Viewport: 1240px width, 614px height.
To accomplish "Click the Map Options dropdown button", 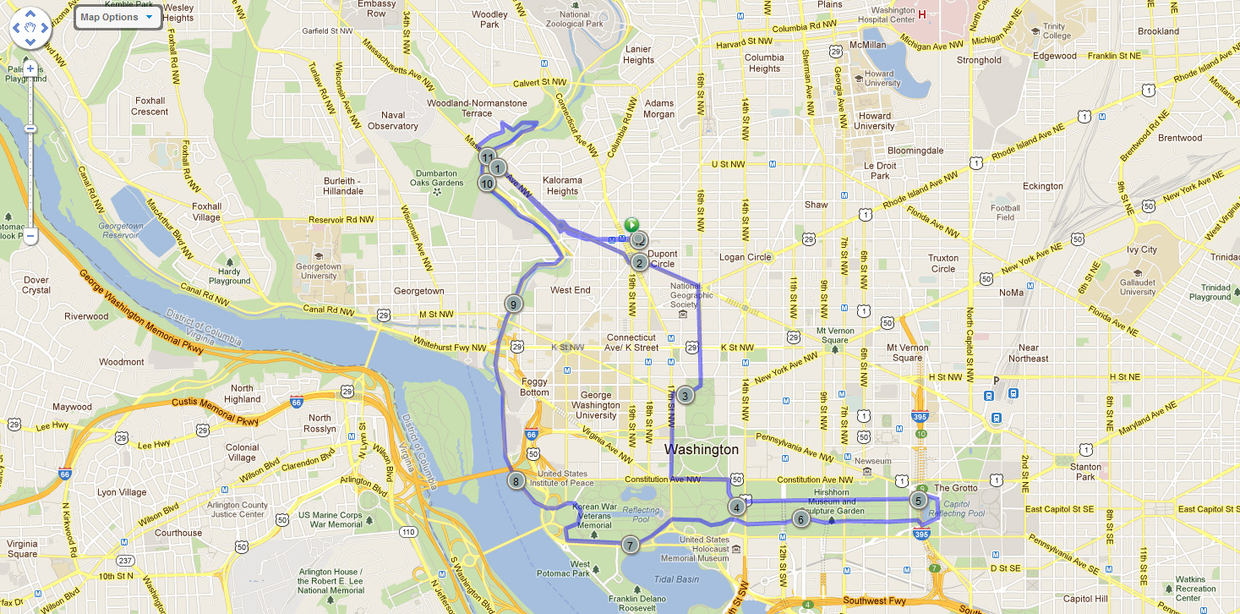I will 117,17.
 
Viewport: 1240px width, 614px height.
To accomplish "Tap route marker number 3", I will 686,394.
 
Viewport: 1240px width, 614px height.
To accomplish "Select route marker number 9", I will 512,304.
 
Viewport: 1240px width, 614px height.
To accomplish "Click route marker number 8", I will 516,481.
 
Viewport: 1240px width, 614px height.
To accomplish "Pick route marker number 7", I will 630,545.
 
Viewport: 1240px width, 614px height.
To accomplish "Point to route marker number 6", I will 800,518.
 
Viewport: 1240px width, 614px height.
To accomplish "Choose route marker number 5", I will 917,500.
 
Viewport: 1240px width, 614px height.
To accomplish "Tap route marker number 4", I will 737,507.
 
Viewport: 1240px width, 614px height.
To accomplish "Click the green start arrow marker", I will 631,225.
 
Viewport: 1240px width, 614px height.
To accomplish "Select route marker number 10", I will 487,182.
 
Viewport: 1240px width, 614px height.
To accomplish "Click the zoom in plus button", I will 30,69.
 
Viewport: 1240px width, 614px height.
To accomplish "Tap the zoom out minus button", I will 30,237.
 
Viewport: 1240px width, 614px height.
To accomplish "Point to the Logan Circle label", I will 745,257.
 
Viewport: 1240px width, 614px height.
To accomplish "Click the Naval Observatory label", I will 393,121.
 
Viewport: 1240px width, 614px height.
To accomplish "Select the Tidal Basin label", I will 676,579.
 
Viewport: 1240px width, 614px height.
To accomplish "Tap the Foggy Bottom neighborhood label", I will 534,386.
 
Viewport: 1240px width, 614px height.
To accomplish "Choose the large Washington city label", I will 702,449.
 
